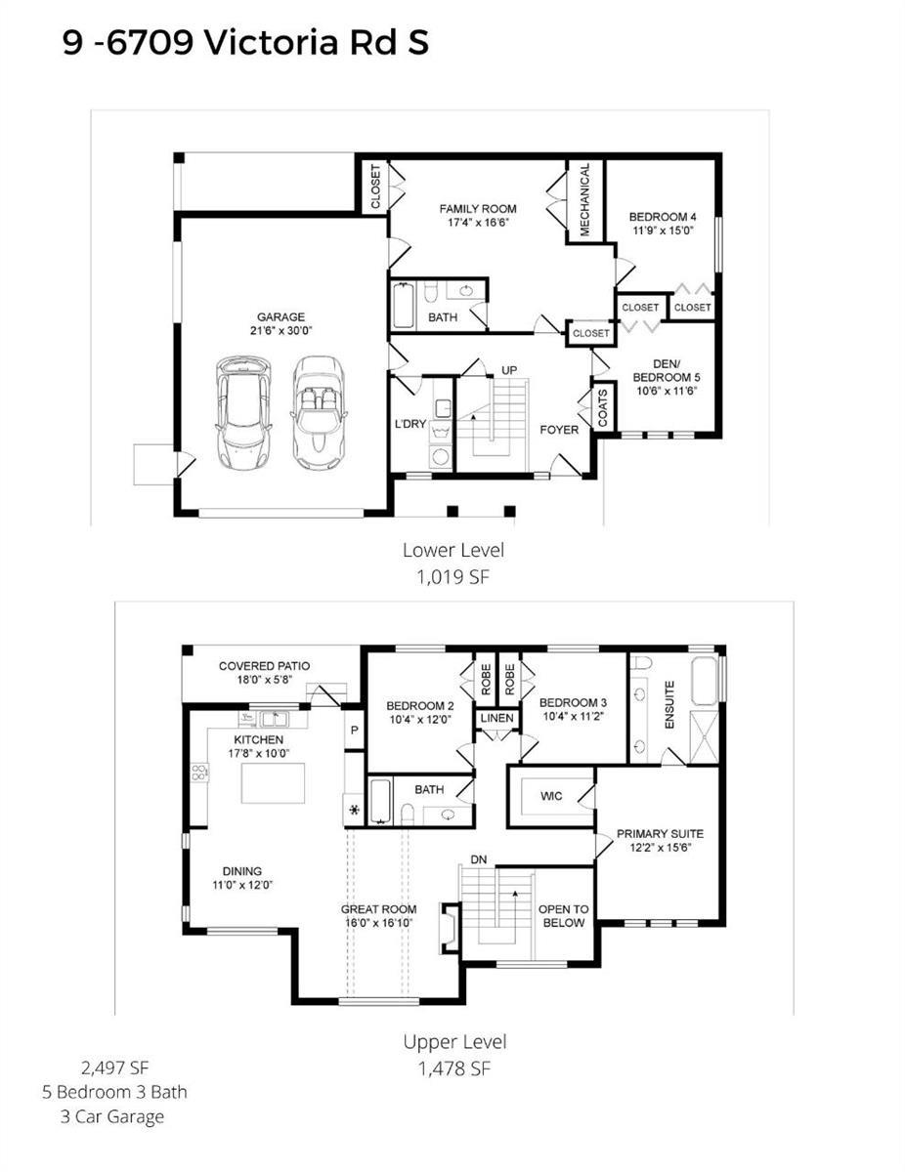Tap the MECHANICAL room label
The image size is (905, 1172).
(585, 199)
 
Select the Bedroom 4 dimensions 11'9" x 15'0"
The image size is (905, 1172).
(663, 230)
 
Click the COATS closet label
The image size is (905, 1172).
(603, 407)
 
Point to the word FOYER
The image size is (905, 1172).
(559, 430)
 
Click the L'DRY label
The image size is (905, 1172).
(410, 424)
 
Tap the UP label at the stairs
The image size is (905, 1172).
(509, 370)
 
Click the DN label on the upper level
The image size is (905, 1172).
(479, 859)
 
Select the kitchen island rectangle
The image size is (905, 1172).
(273, 783)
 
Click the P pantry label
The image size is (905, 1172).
(355, 731)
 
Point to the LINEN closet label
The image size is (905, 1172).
(497, 719)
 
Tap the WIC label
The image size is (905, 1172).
(551, 796)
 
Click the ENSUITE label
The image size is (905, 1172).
(669, 705)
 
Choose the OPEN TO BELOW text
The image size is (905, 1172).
(564, 916)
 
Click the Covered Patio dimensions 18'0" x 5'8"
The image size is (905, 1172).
(265, 680)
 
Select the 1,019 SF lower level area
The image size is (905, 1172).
(452, 577)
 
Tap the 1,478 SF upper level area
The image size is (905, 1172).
(454, 1067)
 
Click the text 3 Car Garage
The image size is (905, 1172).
(112, 1116)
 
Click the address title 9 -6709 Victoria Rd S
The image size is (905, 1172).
(246, 43)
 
